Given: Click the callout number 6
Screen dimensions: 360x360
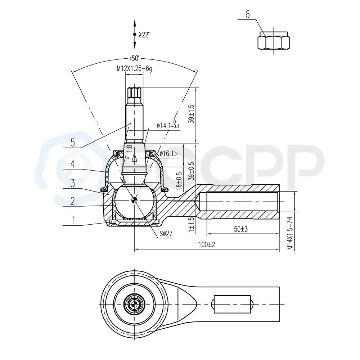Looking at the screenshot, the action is pos(248,14).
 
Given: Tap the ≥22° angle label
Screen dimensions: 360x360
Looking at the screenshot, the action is pos(144,35).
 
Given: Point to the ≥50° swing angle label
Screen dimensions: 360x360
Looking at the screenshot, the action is pos(135,58).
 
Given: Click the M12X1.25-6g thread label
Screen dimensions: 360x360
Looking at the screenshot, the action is pos(134,69).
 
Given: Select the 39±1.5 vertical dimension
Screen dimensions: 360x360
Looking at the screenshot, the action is pos(191,114).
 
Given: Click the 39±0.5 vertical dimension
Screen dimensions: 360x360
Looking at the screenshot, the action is pos(191,171).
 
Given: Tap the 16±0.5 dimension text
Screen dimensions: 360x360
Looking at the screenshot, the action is pos(179,181).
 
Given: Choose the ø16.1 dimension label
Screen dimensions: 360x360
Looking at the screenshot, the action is pos(168,154).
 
